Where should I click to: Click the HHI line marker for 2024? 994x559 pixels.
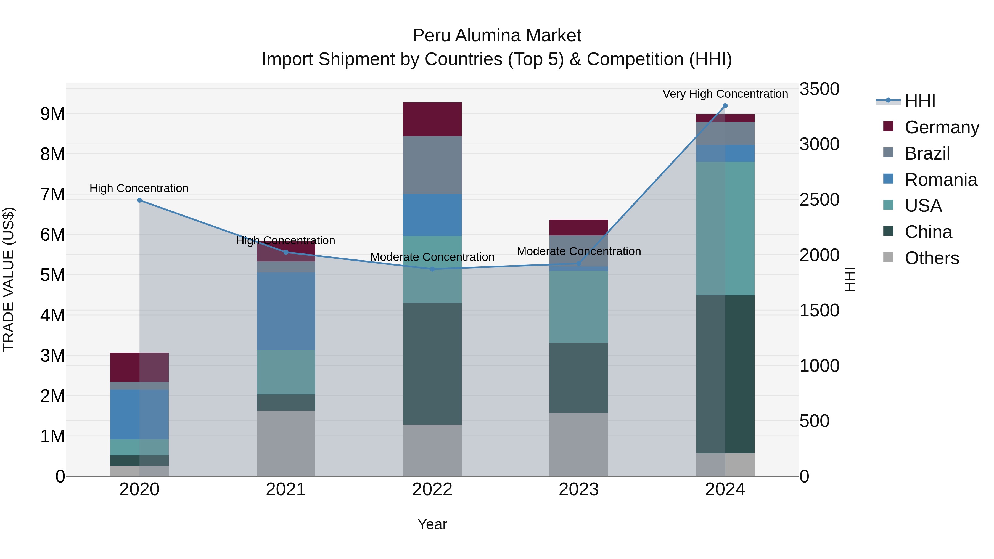[x=725, y=106]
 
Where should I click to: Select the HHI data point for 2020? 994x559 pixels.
[x=140, y=200]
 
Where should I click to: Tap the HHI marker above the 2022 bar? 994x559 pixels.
[x=432, y=269]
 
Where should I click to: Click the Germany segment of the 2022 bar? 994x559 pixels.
[x=432, y=119]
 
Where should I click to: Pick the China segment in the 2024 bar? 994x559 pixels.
[x=725, y=374]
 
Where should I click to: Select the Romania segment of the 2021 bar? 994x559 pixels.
[x=286, y=311]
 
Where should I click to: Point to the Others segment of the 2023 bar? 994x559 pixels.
[x=578, y=444]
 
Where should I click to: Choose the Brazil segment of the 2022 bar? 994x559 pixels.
[x=432, y=165]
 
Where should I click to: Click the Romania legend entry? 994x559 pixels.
[x=940, y=180]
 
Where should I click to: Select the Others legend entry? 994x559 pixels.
[x=932, y=258]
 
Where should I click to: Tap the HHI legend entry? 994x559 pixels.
[x=920, y=101]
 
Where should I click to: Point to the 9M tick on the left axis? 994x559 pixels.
[x=53, y=114]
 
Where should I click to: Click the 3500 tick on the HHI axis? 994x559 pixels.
[x=819, y=89]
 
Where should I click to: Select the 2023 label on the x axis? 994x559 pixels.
[x=578, y=489]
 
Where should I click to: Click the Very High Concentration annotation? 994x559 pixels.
[x=725, y=94]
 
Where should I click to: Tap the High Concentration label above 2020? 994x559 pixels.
[x=139, y=188]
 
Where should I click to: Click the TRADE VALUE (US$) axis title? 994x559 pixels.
[x=9, y=279]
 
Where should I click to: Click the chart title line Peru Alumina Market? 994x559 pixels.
[x=497, y=36]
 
